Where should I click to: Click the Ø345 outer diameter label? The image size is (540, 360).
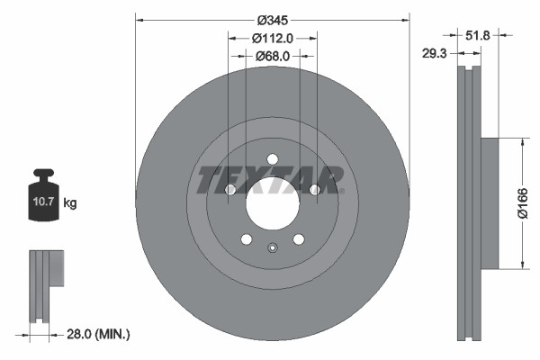click(271, 20)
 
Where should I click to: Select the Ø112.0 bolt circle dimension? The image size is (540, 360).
click(271, 38)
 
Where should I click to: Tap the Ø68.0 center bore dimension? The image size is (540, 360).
click(271, 56)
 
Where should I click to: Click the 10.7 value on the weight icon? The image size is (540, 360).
click(44, 203)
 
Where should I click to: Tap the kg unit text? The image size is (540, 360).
click(70, 204)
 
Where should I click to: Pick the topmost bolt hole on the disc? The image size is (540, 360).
click(272, 159)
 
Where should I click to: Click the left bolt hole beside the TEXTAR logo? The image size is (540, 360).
click(229, 190)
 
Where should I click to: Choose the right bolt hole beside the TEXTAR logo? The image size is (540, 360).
click(314, 190)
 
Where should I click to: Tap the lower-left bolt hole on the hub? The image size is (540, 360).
click(246, 239)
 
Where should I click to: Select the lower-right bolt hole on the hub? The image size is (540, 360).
click(298, 239)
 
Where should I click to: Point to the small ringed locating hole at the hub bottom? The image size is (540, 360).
click(272, 247)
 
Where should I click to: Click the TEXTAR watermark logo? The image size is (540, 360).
click(270, 180)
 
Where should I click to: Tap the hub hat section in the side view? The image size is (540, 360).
click(489, 202)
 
